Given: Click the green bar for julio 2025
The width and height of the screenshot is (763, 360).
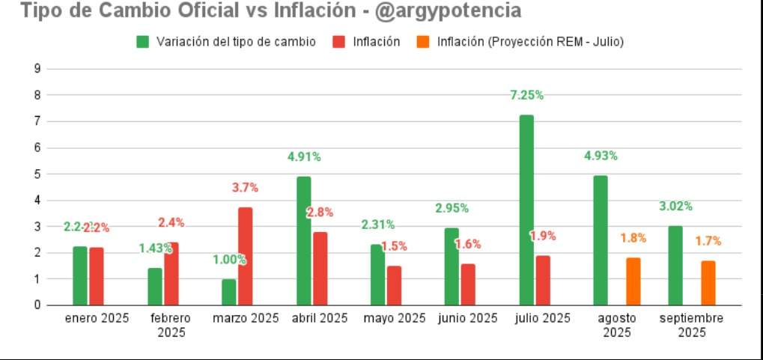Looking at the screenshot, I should (526, 210).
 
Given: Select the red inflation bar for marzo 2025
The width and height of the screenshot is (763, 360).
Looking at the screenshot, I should (245, 256).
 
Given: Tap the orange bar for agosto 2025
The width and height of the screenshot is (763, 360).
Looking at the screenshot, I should (633, 281).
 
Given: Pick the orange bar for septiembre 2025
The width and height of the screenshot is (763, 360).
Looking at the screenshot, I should (708, 283).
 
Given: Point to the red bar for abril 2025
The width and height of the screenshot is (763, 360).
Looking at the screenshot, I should (320, 268).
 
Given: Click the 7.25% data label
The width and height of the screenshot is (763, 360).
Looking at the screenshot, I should (526, 95).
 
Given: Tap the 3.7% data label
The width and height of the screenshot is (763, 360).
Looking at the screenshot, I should (245, 187).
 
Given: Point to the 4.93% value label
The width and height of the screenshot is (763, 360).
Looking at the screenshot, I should (601, 156).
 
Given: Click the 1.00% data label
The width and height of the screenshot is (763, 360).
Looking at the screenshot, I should (230, 259).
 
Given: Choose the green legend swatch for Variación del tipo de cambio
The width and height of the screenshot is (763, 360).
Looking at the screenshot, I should (142, 42).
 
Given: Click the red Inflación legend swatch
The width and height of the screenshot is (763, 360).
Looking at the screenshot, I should (339, 42).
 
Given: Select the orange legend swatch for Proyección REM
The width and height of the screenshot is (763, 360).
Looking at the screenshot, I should (424, 42).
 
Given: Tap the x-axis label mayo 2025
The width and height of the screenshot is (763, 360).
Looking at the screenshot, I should (394, 318).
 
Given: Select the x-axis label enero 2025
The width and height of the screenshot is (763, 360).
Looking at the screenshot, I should (97, 318).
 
